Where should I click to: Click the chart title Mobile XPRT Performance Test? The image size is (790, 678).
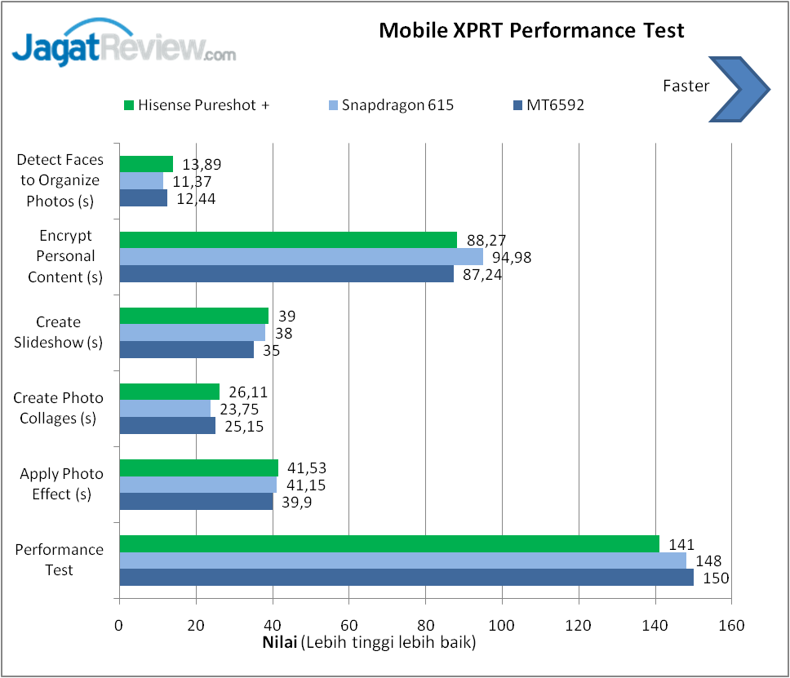(x=531, y=31)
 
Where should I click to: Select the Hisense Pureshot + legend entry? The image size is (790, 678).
(x=197, y=104)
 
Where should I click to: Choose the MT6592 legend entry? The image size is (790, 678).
(x=549, y=104)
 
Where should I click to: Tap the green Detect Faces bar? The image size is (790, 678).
(x=146, y=164)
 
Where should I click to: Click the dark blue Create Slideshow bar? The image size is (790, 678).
(x=187, y=350)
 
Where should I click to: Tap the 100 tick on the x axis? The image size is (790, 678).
(x=502, y=626)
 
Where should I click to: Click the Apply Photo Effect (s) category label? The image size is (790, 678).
(x=62, y=484)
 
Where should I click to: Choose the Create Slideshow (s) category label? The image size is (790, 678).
(x=59, y=332)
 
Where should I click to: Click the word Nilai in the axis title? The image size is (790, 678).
(x=280, y=642)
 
